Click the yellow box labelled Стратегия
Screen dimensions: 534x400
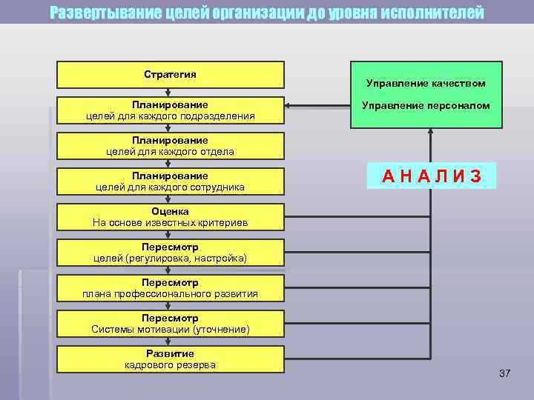click(x=170, y=75)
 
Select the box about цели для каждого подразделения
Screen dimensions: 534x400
click(x=170, y=110)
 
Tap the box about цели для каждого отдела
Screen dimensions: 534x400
click(x=170, y=146)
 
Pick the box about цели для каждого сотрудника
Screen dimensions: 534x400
click(x=170, y=181)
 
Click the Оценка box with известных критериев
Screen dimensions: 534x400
click(x=170, y=217)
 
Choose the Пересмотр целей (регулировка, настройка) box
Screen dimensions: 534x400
click(x=170, y=253)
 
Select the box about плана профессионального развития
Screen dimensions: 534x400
click(x=170, y=288)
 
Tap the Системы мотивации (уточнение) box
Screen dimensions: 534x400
click(x=170, y=324)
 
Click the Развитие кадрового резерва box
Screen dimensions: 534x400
click(x=170, y=359)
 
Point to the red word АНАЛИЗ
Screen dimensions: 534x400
click(x=432, y=176)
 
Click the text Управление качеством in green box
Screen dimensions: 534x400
click(x=426, y=84)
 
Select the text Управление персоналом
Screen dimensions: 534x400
click(x=426, y=106)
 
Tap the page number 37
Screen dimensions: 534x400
click(x=505, y=373)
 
